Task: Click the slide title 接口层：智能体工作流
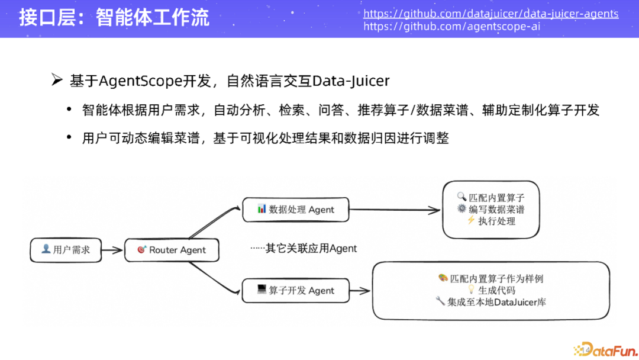point(114,17)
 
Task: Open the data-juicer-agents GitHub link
point(490,13)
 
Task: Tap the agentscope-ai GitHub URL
point(451,27)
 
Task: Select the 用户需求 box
point(66,250)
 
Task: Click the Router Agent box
point(172,250)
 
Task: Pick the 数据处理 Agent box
point(296,210)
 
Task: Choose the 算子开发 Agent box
point(296,290)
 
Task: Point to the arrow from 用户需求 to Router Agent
point(112,250)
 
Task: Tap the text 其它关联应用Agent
point(304,248)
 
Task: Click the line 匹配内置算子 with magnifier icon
point(491,198)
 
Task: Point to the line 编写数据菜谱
point(491,209)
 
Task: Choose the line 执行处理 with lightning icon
point(491,221)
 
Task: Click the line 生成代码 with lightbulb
point(491,290)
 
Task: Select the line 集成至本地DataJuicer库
point(491,302)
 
